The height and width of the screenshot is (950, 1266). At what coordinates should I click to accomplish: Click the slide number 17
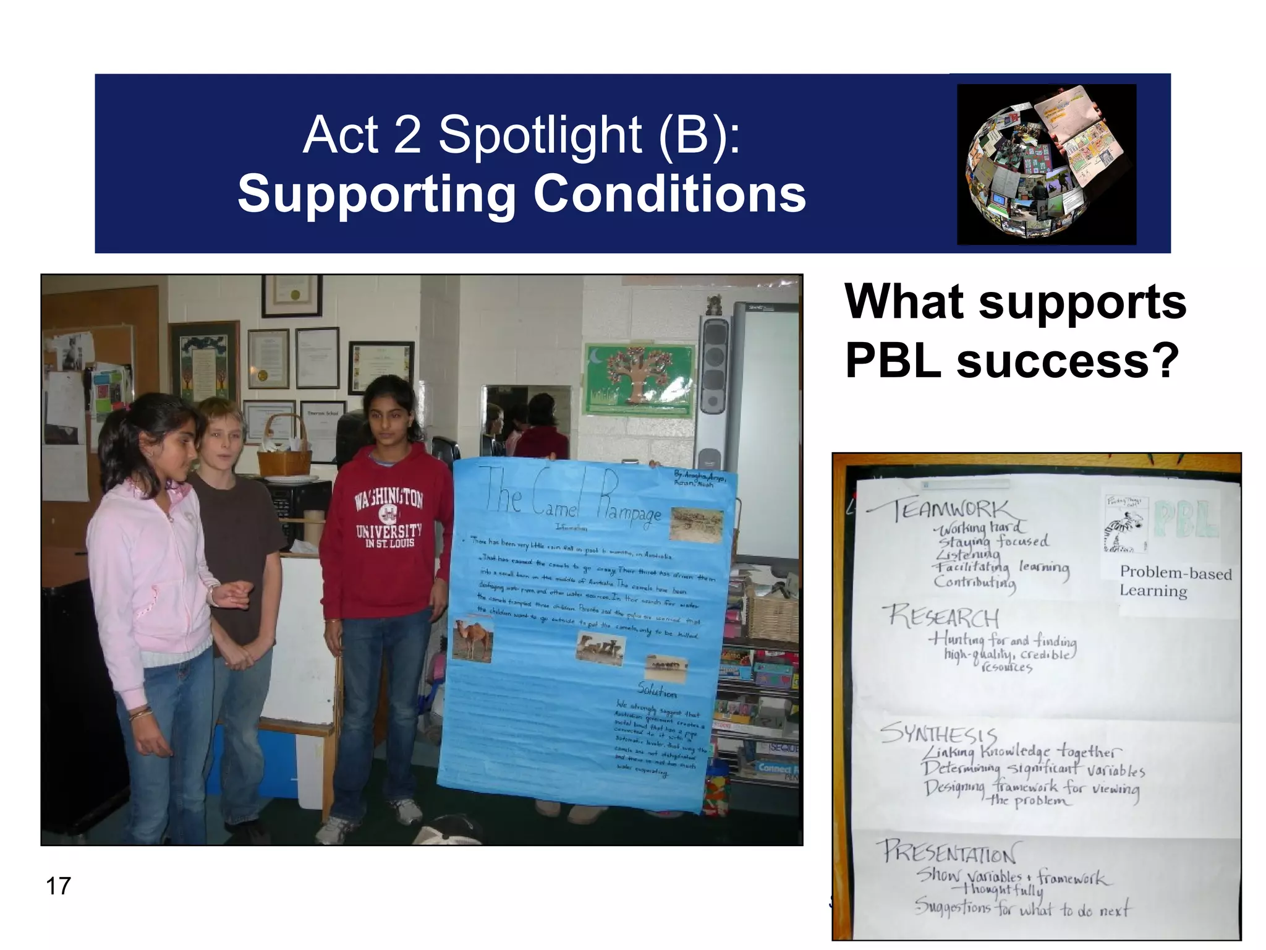59,886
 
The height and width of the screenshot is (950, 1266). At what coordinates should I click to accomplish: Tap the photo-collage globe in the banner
1046,164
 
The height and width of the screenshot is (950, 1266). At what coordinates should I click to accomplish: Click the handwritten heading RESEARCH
943,617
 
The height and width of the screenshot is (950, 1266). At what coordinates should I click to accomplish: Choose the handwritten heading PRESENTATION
949,852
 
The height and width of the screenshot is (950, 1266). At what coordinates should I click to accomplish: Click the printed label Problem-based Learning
1175,581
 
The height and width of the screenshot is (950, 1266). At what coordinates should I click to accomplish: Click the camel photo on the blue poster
472,640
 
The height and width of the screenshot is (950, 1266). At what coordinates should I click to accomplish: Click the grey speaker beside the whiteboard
714,383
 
